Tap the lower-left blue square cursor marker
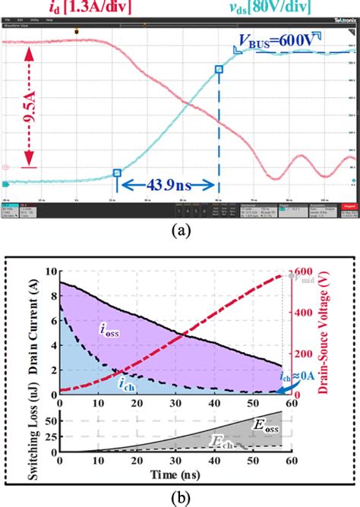tap(117, 173)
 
